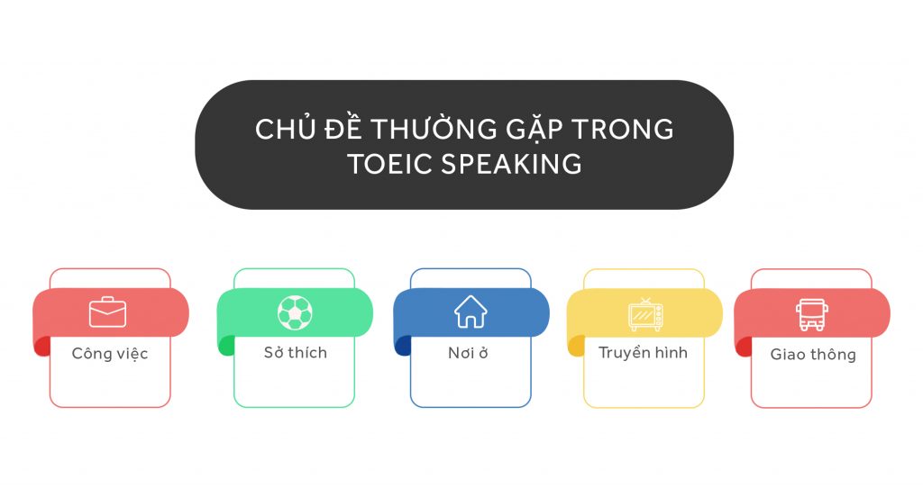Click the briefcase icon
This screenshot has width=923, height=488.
pos(107,312)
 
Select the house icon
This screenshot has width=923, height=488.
pos(470,312)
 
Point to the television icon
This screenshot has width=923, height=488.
pos(645,314)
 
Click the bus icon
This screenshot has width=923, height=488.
pos(811,314)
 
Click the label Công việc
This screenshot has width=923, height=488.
pos(110,354)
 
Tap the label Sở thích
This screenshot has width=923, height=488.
pos(295,353)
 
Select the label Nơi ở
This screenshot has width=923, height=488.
pos(468,353)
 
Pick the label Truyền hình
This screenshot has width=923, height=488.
pos(643,353)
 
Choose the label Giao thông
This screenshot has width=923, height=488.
pos(812,355)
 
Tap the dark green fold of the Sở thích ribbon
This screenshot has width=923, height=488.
pos(225,346)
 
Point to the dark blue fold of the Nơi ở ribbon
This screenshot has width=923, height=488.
pos(402,346)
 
